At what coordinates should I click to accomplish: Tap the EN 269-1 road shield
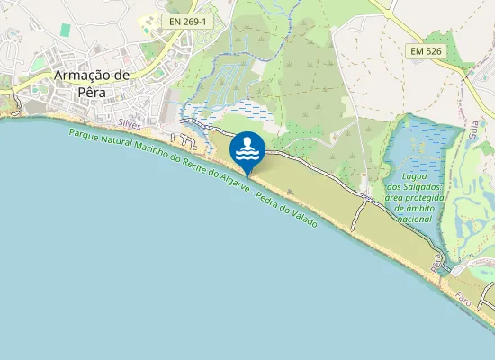tap(186, 19)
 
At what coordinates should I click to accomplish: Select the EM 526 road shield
tap(427, 53)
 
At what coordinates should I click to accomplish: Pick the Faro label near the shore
tap(463, 297)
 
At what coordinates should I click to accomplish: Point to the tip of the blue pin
tap(247, 175)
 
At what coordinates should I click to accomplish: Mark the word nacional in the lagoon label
tap(414, 219)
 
